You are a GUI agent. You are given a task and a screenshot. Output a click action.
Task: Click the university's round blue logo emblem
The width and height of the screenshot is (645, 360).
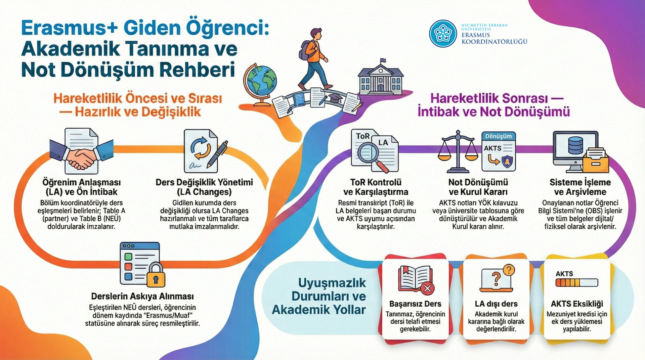tap(443, 34)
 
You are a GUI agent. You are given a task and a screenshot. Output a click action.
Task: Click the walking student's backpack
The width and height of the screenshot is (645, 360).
tap(305, 50)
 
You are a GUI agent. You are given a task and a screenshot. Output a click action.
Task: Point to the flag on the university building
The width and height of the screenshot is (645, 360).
tap(383, 61)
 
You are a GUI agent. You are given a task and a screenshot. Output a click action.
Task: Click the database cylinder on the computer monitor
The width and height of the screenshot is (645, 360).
tap(575, 145)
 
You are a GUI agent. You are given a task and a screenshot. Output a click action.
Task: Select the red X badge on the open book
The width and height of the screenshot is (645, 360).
tap(427, 288)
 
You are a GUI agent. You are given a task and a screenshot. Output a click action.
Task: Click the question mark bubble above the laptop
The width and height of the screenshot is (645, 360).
tap(509, 270)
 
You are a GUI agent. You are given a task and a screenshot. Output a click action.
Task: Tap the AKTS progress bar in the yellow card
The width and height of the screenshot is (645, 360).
tap(577, 282)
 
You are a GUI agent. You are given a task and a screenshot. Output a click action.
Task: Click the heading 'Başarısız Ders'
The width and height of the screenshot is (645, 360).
tap(415, 304)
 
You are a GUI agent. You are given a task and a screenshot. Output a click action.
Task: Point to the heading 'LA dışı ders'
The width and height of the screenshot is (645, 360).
tap(496, 304)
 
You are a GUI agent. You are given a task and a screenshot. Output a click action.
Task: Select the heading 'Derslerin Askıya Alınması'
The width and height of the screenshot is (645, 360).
tap(142, 297)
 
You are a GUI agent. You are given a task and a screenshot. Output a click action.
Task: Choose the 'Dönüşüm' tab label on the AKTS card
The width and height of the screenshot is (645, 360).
tap(499, 136)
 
